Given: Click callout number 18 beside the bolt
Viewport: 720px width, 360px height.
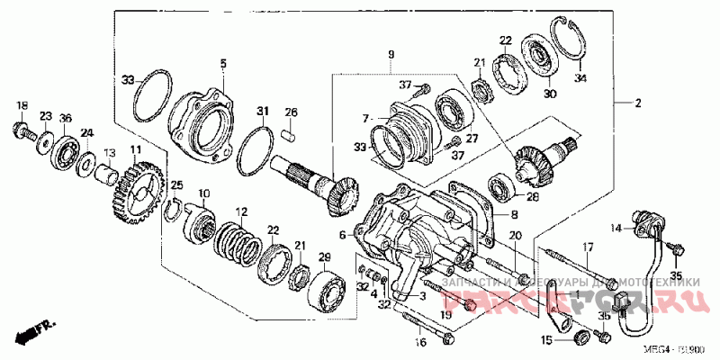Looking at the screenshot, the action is (x=22, y=106).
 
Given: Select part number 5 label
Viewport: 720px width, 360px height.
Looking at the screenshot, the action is (x=223, y=63).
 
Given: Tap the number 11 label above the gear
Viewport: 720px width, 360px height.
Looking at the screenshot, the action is (x=135, y=149).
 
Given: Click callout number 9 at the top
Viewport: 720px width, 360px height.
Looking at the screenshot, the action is (x=391, y=56).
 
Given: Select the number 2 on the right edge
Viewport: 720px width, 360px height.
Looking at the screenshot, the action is (x=638, y=103).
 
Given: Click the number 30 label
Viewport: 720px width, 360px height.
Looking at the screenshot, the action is (x=550, y=93).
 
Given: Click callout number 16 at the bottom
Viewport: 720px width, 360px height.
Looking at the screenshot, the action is (x=419, y=342).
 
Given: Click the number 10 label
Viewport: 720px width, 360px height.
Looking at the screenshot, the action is (x=204, y=193).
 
